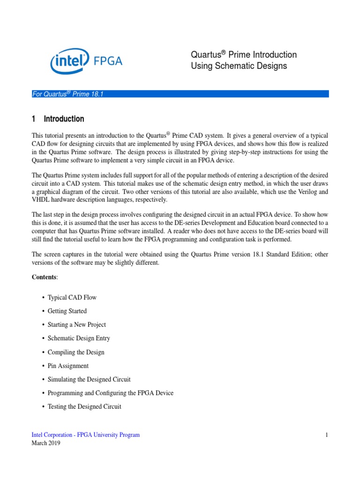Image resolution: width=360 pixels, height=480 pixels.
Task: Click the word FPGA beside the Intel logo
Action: (108, 61)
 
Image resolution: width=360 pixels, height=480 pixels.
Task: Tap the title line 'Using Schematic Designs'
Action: (239, 66)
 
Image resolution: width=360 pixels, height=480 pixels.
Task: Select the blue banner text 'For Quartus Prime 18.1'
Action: (67, 94)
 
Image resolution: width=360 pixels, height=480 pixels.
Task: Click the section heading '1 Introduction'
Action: (58, 119)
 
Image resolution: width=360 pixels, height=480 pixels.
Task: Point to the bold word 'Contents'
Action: (44, 277)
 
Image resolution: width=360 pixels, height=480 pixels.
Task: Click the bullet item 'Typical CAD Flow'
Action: (72, 298)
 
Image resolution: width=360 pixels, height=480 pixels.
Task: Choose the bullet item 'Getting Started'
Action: (67, 311)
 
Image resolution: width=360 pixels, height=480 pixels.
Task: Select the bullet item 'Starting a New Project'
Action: (77, 325)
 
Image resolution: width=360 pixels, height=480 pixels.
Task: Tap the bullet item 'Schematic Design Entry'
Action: (79, 338)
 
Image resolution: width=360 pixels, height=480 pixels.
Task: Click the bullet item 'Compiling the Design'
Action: (76, 352)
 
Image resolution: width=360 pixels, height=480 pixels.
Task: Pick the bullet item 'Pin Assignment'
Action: (68, 366)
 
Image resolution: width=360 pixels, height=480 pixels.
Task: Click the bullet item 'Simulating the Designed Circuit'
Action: (89, 379)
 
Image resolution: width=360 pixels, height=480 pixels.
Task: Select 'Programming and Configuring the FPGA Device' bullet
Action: (111, 393)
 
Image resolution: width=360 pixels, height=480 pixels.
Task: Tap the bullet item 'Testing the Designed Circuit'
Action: (84, 406)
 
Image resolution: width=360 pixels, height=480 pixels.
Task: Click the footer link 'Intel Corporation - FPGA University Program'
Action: (86, 435)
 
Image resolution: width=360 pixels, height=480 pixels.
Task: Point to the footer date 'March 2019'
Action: (46, 443)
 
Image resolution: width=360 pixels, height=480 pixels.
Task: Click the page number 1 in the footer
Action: (327, 435)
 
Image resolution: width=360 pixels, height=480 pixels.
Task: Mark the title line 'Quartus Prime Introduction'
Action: (244, 55)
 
